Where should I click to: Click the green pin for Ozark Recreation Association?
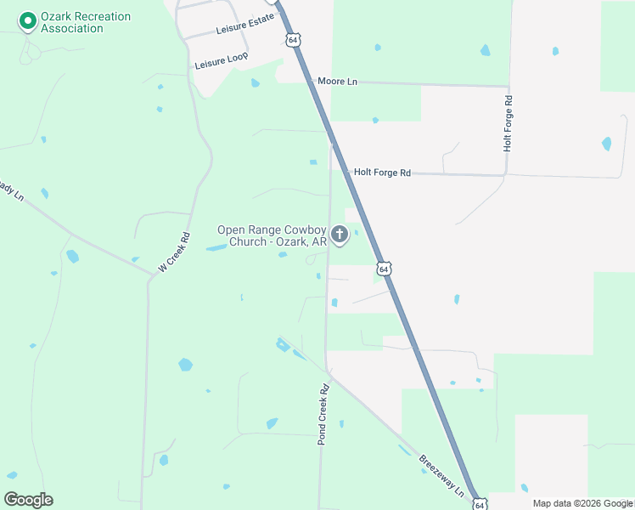[x=27, y=20]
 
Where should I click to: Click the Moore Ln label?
[x=337, y=82]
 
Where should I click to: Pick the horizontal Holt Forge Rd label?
[x=382, y=173]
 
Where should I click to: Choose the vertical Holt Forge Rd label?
[x=508, y=123]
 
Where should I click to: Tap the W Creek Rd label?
[x=174, y=253]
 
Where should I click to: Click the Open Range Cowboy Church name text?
[x=272, y=235]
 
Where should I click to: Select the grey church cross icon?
[x=340, y=234]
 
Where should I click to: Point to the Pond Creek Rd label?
[x=323, y=414]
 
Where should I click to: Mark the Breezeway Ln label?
[x=442, y=476]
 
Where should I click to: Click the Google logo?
[x=28, y=500]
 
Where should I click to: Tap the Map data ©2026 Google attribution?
[x=582, y=503]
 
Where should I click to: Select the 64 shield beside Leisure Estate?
[x=293, y=40]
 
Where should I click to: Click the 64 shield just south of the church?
[x=385, y=269]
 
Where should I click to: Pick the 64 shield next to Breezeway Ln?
[x=479, y=503]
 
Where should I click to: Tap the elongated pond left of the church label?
[x=217, y=247]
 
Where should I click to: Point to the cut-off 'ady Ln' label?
[x=11, y=188]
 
